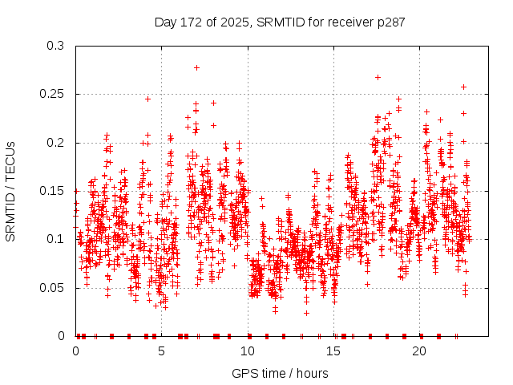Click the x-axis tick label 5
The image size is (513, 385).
coord(162,351)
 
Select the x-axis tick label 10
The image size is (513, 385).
coord(248,351)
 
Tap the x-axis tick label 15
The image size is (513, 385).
coord(333,351)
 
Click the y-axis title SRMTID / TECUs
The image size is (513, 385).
coord(10,191)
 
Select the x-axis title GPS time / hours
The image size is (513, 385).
coord(280,373)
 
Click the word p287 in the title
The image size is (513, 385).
coord(390,22)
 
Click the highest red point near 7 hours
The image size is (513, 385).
coord(196,67)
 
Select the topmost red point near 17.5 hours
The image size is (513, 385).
coord(378,77)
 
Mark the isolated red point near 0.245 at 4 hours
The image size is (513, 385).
coord(147,99)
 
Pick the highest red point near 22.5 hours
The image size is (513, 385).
coord(463,87)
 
